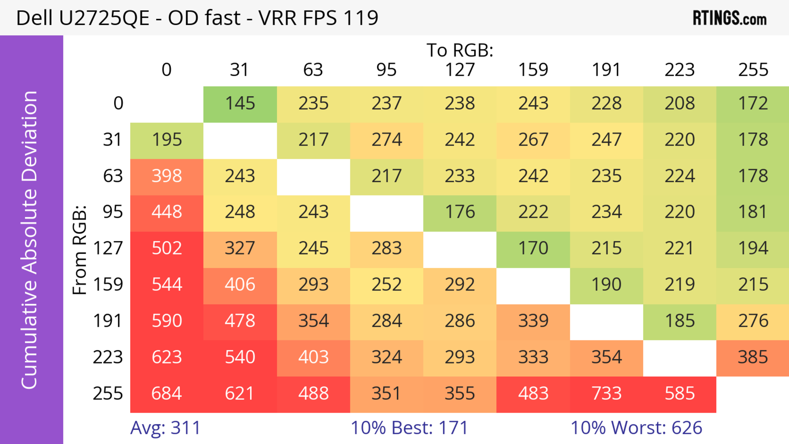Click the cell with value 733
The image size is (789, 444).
coord(607,393)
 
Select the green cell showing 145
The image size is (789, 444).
coord(240,104)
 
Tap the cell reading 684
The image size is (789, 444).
coord(167,393)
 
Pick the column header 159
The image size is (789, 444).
coord(533,70)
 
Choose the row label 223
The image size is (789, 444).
coord(108,357)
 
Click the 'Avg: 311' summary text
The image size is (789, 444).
coord(165,428)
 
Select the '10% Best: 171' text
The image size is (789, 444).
coord(409,428)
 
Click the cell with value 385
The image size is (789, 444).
coord(753,357)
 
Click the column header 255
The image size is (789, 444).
coord(753,70)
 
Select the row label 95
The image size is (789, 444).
coord(113,212)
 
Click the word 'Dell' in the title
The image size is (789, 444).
coord(34,18)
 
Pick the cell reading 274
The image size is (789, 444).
coord(386,140)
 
